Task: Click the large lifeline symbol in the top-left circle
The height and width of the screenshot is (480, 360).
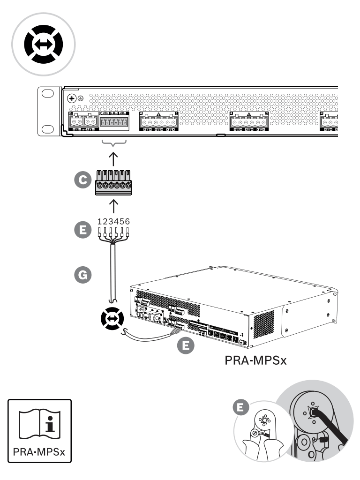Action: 42,42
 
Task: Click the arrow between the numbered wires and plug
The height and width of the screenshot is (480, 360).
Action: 113,205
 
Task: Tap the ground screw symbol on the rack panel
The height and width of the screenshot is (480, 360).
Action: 71,99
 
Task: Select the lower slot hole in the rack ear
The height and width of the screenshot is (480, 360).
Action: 48,129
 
